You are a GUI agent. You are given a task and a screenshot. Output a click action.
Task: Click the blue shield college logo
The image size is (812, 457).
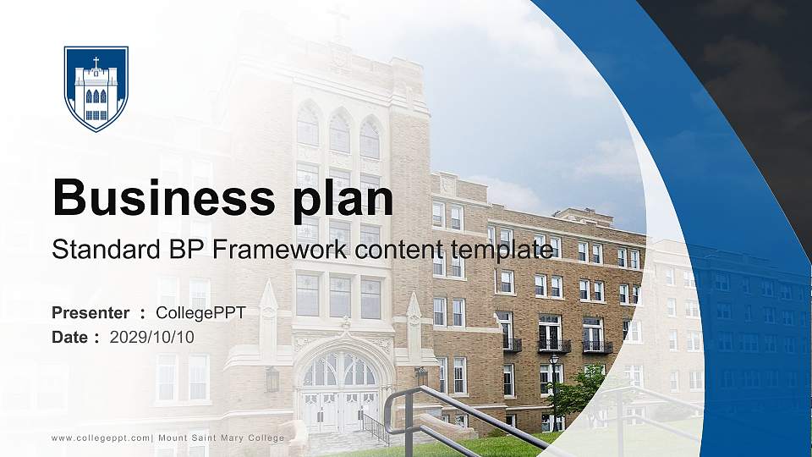point(96,88)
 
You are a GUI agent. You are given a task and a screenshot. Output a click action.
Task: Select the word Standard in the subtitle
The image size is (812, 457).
point(94,249)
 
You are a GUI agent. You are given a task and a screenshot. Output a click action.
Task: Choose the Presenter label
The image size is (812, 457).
point(91,313)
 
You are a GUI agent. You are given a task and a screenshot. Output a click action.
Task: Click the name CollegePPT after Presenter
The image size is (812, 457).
point(200,313)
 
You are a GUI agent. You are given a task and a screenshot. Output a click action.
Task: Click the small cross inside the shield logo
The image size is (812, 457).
point(96,63)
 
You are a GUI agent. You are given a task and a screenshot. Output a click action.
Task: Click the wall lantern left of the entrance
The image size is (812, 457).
point(272,380)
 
